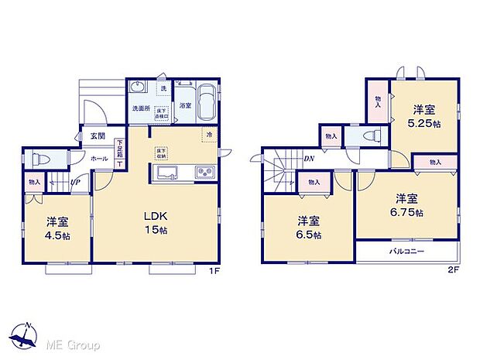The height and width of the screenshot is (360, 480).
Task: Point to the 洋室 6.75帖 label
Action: click(x=406, y=205)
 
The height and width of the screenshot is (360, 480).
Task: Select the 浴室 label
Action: click(x=185, y=105)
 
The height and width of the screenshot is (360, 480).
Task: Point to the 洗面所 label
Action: click(x=139, y=108)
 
